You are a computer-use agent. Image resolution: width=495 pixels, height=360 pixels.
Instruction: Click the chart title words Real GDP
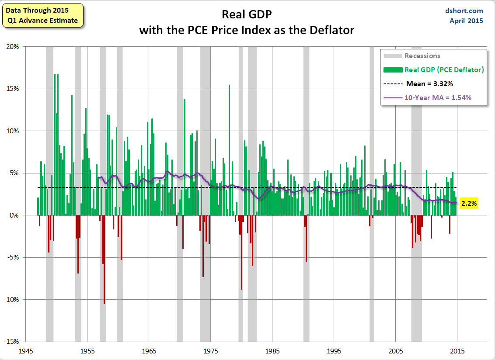coord(247,14)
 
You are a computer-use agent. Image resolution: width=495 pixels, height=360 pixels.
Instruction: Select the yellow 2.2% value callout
coord(469,203)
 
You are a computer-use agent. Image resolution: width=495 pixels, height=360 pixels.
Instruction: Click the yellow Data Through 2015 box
coord(42,15)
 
